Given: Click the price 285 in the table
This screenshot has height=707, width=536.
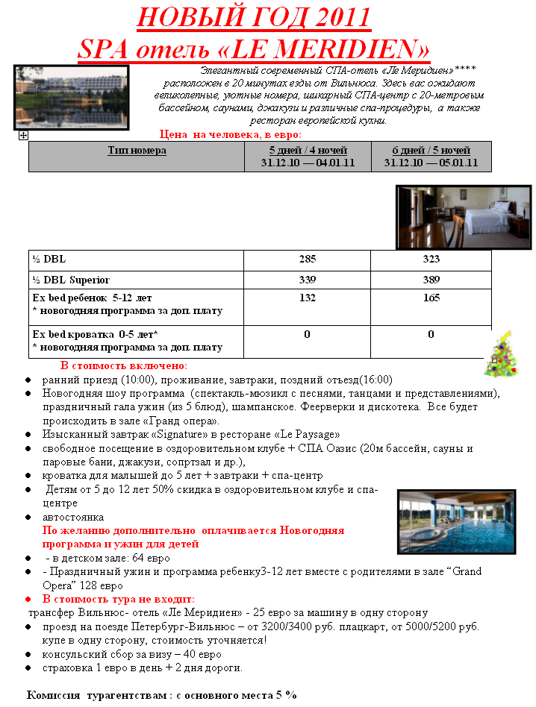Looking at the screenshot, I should [x=307, y=260].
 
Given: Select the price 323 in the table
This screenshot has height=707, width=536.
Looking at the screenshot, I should [x=431, y=260].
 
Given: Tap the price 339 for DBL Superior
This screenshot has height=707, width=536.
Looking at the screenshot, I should [x=307, y=280].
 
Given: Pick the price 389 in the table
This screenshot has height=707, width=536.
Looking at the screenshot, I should [x=431, y=280].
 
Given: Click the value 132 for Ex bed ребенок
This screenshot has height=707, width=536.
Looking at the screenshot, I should [x=307, y=298].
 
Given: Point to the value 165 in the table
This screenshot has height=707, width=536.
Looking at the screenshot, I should [x=431, y=298].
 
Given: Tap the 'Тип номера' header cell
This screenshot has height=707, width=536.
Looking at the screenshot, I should [x=137, y=151].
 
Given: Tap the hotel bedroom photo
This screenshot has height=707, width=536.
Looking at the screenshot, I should [x=463, y=217].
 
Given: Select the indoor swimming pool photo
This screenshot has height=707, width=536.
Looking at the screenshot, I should [x=456, y=522].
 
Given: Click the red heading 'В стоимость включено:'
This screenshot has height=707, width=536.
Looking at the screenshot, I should [x=124, y=365].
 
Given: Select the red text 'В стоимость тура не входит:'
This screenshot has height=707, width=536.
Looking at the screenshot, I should [x=119, y=599].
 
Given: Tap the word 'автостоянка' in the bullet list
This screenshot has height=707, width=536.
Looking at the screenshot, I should [x=73, y=517].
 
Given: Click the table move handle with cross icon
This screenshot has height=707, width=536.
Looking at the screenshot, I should [x=23, y=135].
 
